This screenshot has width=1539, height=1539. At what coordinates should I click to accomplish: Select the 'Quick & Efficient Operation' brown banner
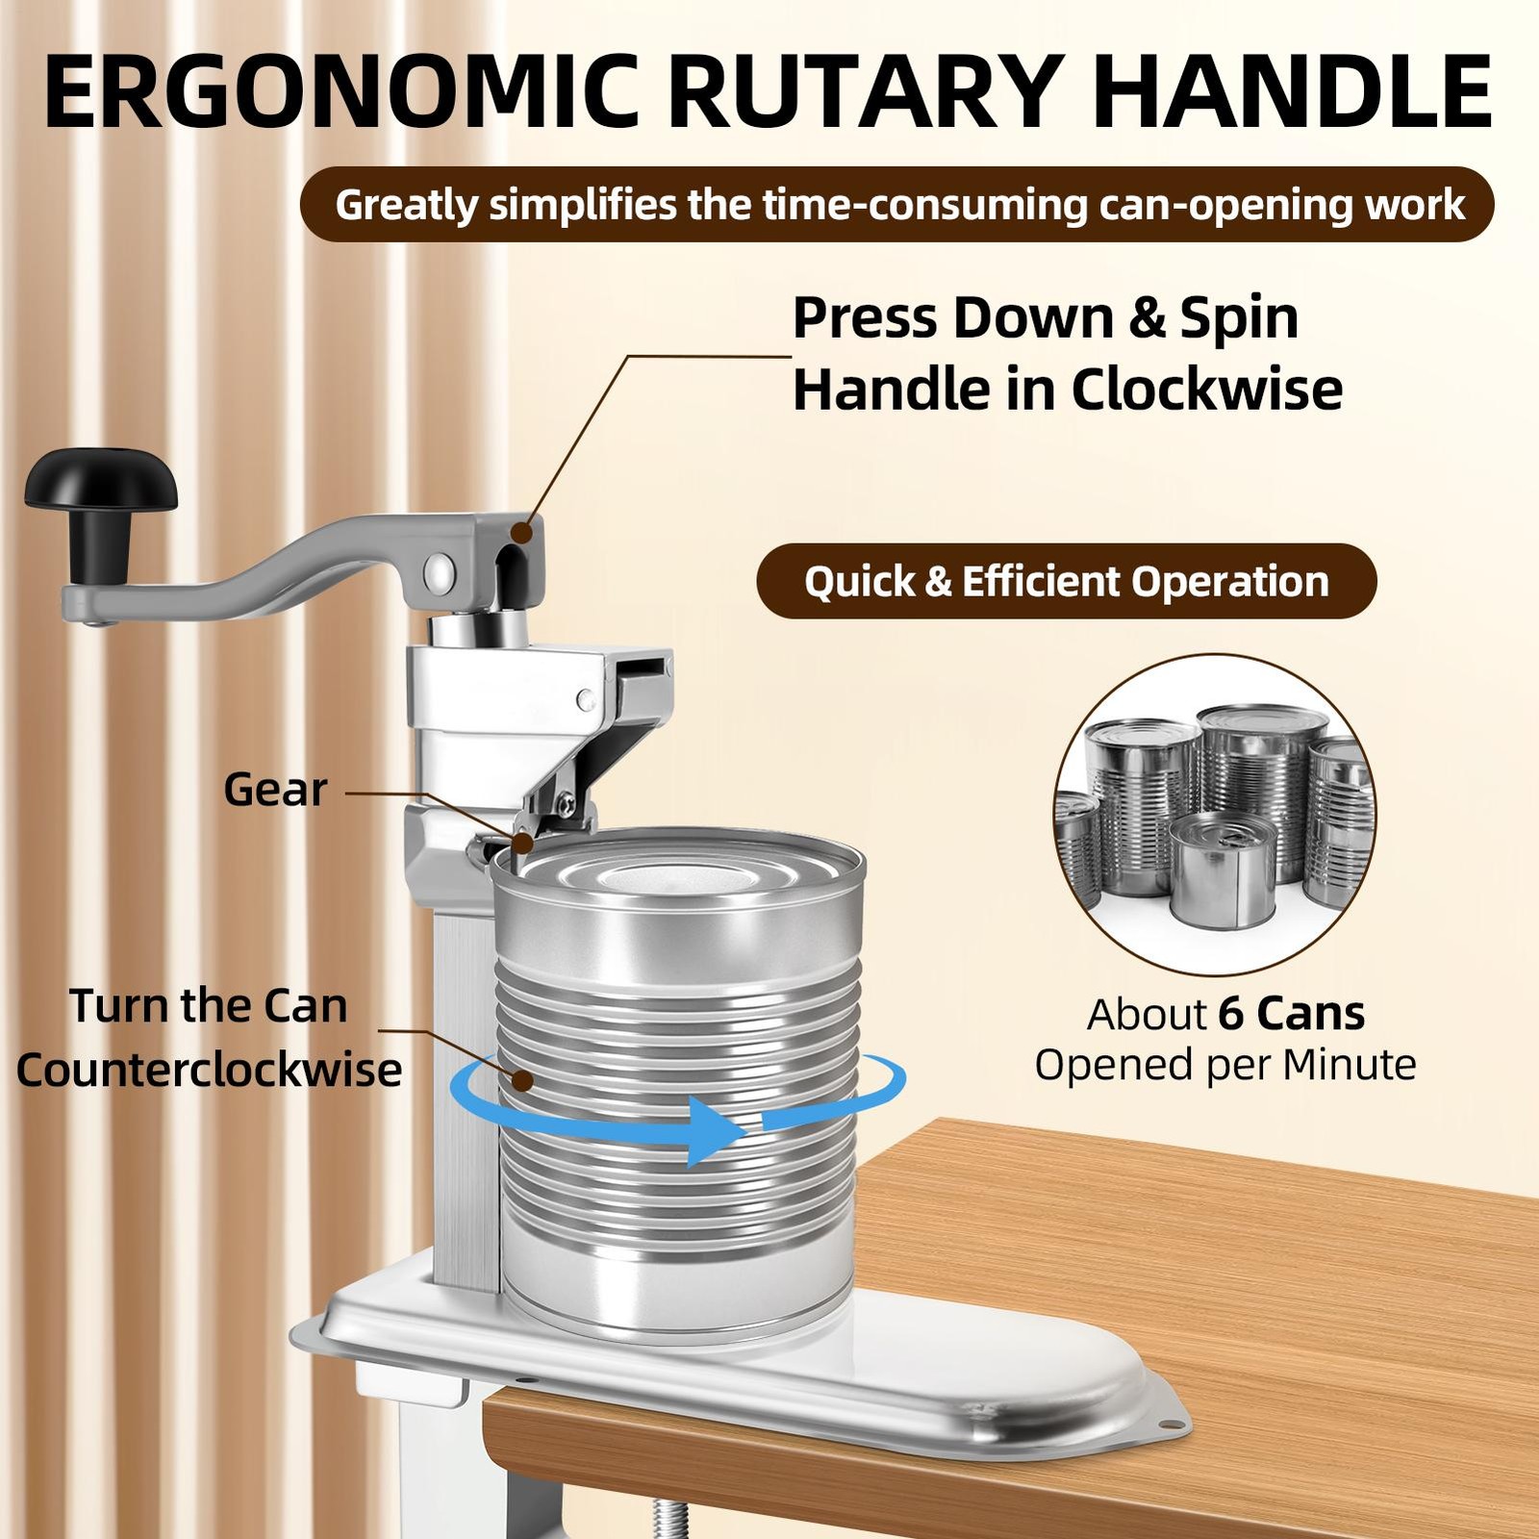(x=1067, y=581)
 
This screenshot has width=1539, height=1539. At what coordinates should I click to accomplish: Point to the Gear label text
(x=275, y=790)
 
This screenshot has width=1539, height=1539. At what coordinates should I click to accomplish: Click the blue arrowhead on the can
(x=717, y=1131)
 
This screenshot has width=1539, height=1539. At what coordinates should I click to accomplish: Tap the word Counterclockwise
(x=209, y=1070)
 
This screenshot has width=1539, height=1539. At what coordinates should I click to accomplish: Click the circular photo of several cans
(x=1215, y=815)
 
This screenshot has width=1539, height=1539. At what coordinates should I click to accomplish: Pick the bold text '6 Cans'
(x=1292, y=1014)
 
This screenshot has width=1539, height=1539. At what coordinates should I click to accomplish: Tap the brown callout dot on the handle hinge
(x=522, y=532)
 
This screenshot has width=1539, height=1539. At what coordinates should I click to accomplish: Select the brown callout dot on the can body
(x=522, y=1080)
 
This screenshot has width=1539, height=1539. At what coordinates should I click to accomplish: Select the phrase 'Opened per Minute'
(x=1225, y=1065)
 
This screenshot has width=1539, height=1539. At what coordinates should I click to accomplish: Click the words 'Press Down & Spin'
(x=1046, y=317)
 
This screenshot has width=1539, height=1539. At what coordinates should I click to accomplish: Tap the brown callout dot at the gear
(x=522, y=844)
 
